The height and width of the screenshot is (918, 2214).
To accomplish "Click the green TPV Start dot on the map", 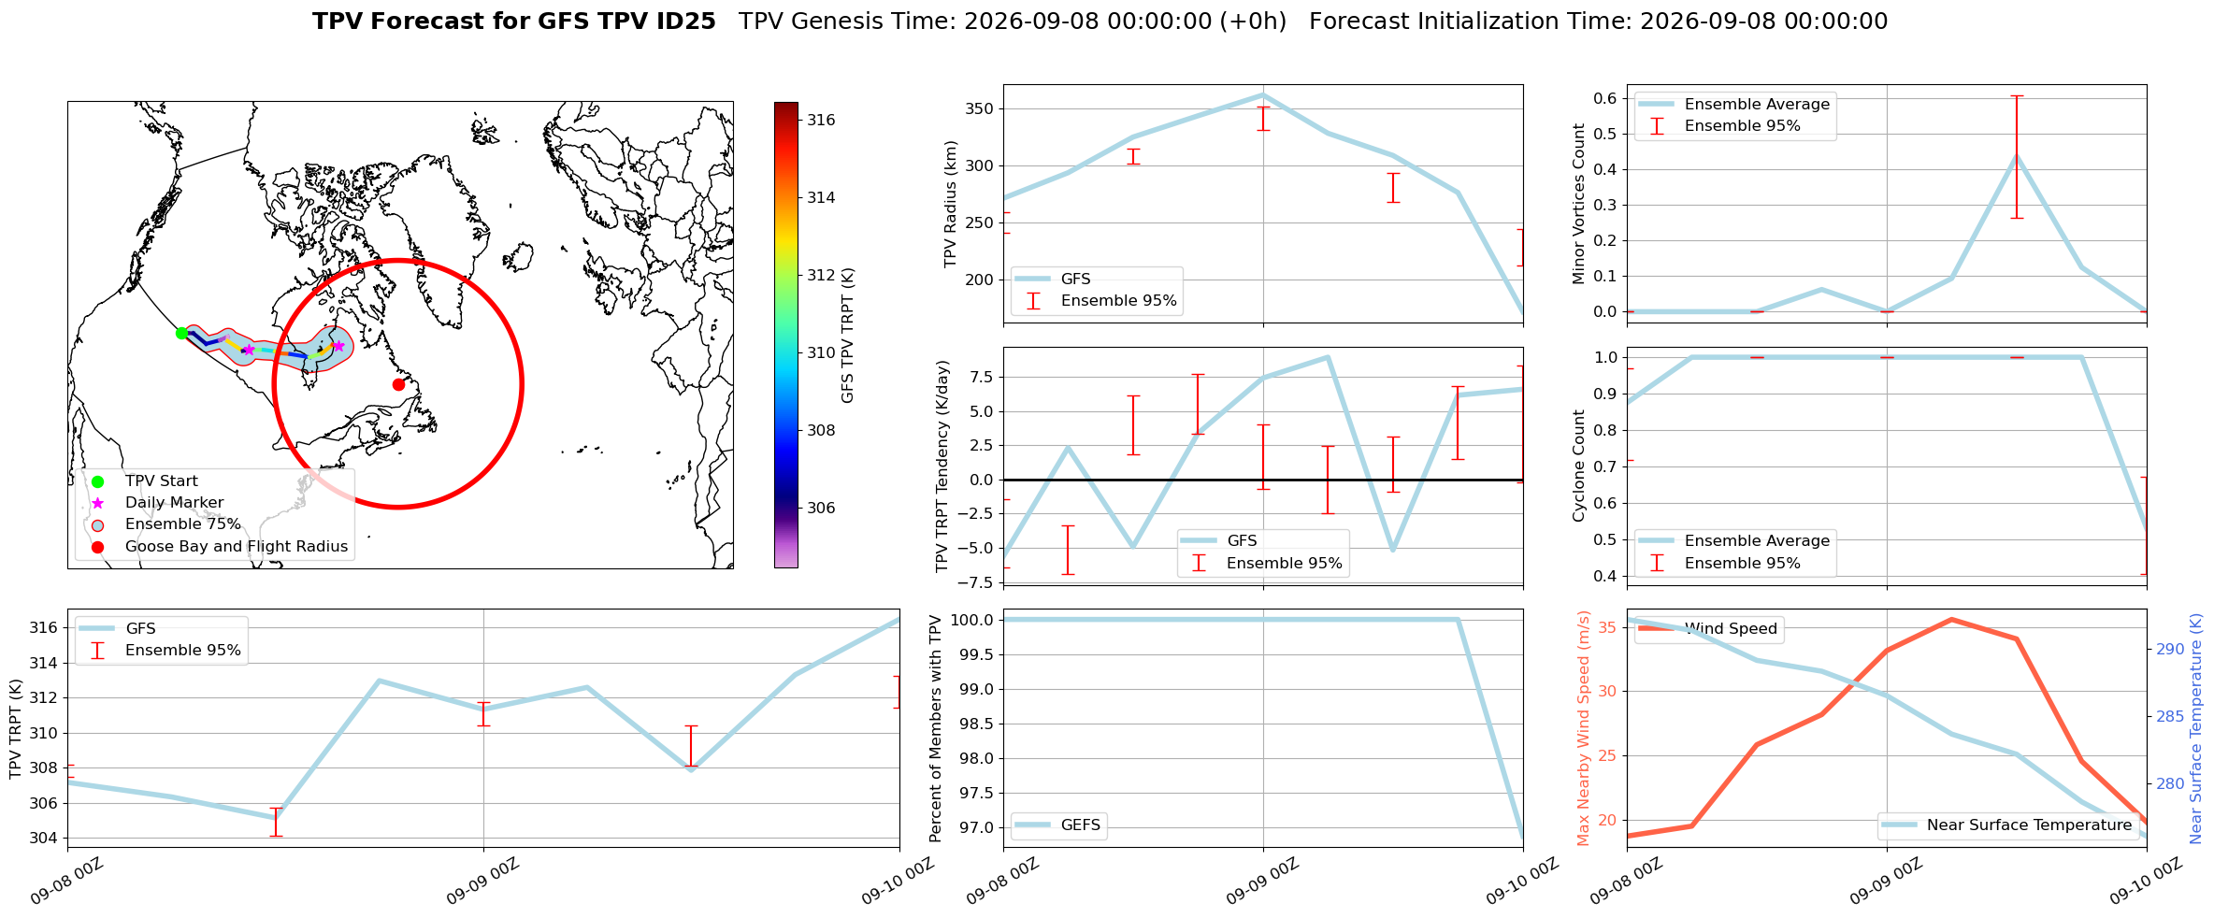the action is [181, 333].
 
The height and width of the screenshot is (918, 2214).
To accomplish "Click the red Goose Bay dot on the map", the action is [398, 384].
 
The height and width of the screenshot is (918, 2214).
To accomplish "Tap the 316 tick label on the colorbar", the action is [822, 120].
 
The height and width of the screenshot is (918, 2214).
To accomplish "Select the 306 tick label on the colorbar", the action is [822, 508].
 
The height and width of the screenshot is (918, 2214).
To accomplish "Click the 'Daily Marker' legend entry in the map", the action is [174, 502].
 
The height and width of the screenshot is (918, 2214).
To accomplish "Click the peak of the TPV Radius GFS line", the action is [1263, 94].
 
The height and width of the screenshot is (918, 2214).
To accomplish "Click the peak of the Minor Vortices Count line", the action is [2017, 155].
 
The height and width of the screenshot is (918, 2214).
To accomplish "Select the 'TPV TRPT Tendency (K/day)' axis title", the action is [942, 466].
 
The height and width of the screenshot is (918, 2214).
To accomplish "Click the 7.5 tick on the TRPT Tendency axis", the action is [982, 377].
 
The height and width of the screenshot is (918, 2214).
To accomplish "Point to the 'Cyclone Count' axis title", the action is [1579, 466].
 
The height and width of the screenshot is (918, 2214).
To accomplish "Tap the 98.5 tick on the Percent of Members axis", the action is [977, 724].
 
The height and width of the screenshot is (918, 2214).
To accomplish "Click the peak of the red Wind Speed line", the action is [1951, 619].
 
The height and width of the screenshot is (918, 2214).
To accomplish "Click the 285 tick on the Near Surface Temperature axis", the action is [2170, 716].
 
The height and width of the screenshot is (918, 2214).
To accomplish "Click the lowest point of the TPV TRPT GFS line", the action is [276, 818].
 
